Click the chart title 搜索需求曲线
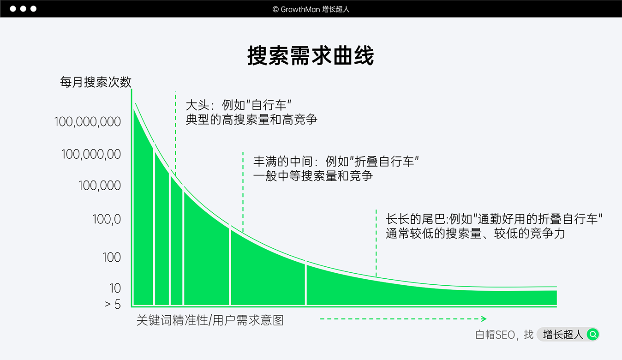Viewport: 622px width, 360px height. [311, 56]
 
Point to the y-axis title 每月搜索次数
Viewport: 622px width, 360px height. [96, 82]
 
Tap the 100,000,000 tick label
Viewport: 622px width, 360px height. [88, 122]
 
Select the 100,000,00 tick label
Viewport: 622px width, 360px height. [91, 154]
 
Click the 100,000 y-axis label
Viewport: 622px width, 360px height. [99, 186]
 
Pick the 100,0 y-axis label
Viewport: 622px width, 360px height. [106, 219]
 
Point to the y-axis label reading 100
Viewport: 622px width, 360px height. [111, 257]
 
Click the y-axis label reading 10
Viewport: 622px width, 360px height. [115, 288]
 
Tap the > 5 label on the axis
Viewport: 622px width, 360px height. [113, 304]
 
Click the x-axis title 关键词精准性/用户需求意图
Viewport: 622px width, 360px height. [209, 320]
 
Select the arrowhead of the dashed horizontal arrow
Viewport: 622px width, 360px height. [484, 318]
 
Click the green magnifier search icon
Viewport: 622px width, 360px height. [593, 334]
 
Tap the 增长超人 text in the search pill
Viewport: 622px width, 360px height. [563, 335]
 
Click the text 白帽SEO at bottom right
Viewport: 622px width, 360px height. [495, 335]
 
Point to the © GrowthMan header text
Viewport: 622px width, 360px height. [311, 9]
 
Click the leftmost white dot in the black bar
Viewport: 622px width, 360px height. [13, 9]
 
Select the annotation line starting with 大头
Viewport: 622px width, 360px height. [238, 105]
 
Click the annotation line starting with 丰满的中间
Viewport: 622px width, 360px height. [336, 162]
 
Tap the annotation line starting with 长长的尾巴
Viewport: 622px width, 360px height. [494, 219]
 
